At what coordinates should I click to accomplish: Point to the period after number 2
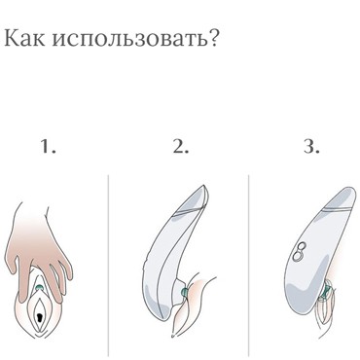tap(186, 154)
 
